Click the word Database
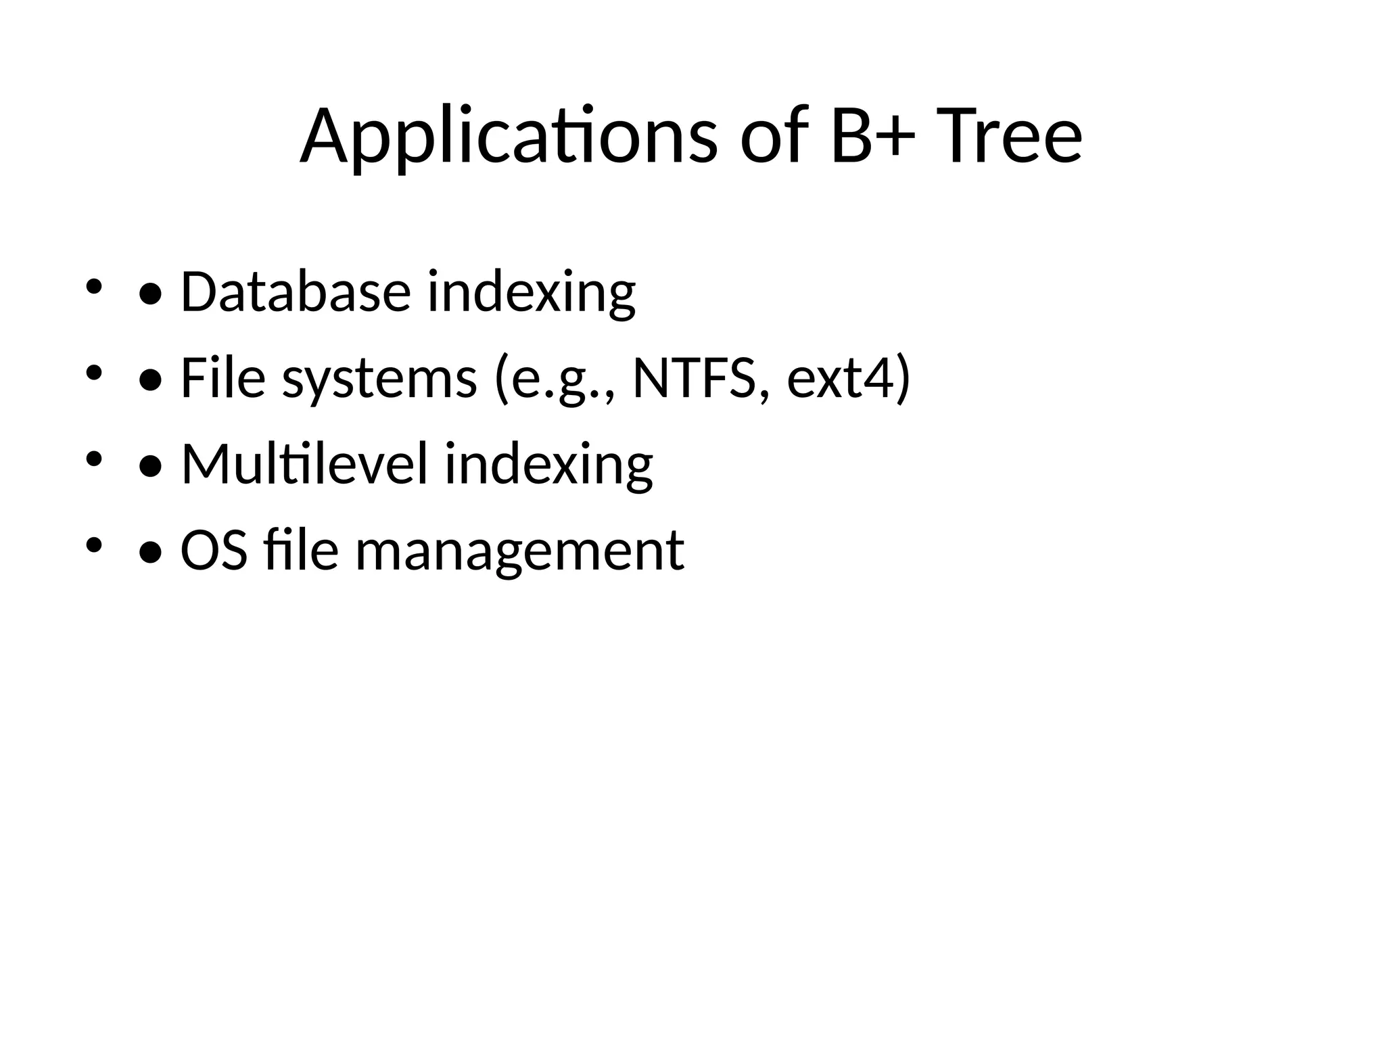point(296,292)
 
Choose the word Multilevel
point(304,464)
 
